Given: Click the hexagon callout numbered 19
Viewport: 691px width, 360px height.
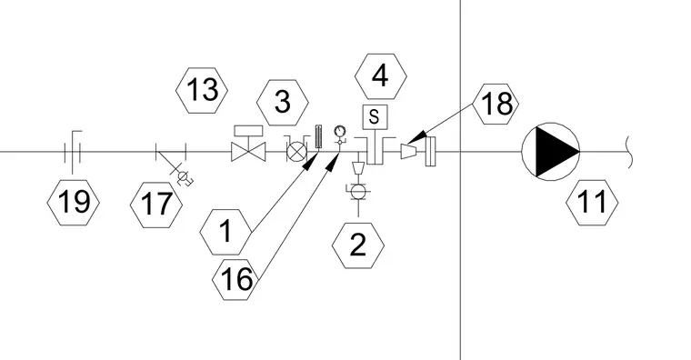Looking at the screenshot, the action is click(73, 203).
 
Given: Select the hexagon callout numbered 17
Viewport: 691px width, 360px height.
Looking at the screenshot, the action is click(156, 205).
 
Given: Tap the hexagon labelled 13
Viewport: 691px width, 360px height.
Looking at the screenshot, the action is click(202, 90).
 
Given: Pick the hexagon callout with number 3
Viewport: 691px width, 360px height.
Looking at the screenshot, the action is click(283, 102).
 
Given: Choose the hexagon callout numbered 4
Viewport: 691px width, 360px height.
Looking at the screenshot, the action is click(380, 76).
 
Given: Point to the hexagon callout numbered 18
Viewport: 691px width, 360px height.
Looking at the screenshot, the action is click(496, 104).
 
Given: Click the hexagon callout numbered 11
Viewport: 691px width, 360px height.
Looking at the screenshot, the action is click(592, 203).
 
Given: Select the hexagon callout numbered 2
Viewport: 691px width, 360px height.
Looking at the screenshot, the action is click(358, 245).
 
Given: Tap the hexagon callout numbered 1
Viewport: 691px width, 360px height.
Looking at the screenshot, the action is click(225, 232).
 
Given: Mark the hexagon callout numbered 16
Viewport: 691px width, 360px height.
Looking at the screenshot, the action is click(236, 279).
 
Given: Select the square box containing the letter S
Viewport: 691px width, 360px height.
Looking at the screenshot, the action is click(375, 116).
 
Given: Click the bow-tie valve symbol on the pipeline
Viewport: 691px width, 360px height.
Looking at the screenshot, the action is click(248, 152).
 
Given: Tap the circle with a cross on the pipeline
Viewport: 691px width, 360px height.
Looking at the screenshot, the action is click(296, 152).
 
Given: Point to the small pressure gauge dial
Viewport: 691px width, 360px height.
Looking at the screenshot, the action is click(340, 131).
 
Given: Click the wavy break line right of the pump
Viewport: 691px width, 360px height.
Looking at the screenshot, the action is click(630, 152).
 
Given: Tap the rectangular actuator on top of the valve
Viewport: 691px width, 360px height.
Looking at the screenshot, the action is click(248, 131).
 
